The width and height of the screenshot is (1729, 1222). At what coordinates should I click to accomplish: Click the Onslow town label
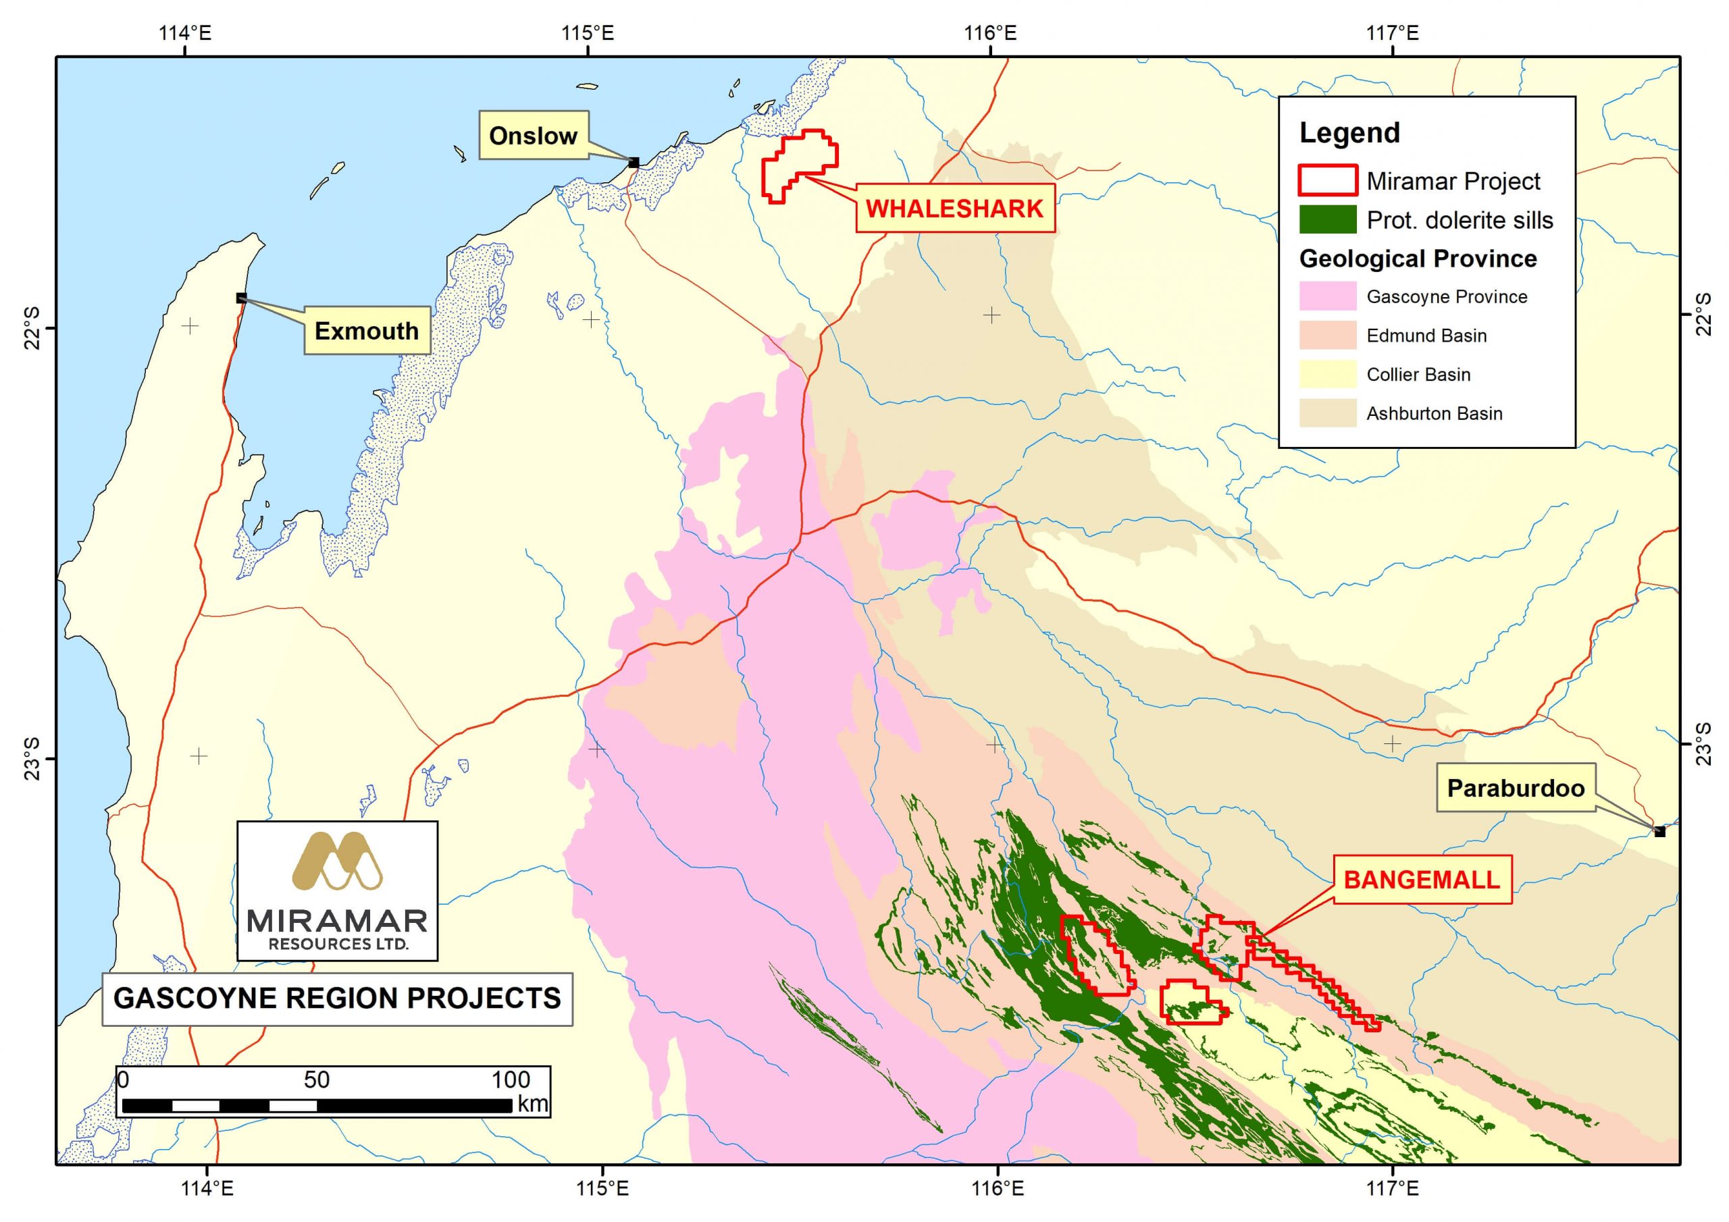533,136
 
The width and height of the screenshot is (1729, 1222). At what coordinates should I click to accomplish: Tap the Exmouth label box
367,331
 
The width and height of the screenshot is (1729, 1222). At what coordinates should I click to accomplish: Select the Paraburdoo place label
1515,789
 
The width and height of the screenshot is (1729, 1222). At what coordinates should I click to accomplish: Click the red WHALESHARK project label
954,208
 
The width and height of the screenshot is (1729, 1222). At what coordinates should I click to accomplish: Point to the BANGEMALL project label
1422,880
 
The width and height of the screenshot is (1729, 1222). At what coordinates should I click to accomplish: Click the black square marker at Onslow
634,163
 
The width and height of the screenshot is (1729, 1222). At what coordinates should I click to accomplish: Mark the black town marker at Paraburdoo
1659,831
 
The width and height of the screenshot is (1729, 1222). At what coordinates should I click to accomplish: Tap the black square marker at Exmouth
241,298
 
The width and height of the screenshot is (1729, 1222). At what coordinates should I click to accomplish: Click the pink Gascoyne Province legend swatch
1328,296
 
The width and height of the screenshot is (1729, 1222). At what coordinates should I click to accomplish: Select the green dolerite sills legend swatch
1328,219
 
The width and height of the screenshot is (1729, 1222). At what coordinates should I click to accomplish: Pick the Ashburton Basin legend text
1434,413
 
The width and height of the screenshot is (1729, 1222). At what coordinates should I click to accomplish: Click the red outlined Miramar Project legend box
1328,181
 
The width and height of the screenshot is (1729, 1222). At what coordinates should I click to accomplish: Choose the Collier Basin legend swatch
1328,374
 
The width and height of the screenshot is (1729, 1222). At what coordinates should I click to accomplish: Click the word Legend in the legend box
1349,133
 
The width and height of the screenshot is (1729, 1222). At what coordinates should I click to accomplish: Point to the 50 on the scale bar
316,1080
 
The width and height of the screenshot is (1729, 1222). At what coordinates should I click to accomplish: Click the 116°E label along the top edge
990,33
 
